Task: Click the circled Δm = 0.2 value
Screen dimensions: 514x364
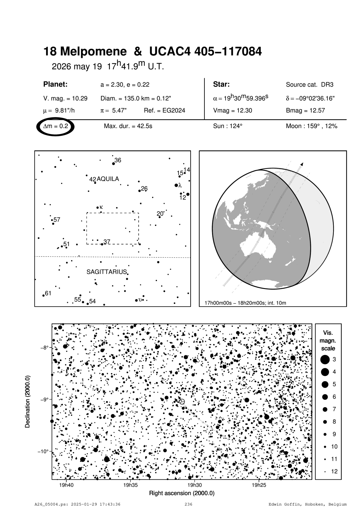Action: tap(56, 126)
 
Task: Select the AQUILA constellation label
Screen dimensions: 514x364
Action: tap(108, 179)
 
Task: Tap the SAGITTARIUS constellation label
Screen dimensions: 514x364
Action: tap(106, 272)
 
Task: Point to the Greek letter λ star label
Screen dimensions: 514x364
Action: tap(180, 185)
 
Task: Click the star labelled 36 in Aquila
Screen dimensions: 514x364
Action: tap(114, 163)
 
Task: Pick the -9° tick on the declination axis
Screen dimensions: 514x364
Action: tap(52, 399)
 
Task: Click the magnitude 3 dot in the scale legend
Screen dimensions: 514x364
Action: tap(325, 359)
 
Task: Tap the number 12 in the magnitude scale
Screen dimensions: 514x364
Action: tap(334, 471)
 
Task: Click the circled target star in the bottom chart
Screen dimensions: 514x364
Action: tap(182, 401)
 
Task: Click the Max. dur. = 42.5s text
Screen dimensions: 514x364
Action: tap(128, 126)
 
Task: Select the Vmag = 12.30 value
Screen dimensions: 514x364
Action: tap(232, 111)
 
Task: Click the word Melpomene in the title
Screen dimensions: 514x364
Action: tap(93, 52)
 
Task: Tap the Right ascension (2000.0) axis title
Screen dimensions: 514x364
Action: tap(182, 493)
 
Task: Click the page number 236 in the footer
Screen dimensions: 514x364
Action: tap(188, 504)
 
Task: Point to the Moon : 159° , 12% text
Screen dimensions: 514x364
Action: tap(311, 126)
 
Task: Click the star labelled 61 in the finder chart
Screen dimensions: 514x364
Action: tap(43, 295)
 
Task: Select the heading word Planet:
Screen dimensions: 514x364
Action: tap(56, 84)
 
